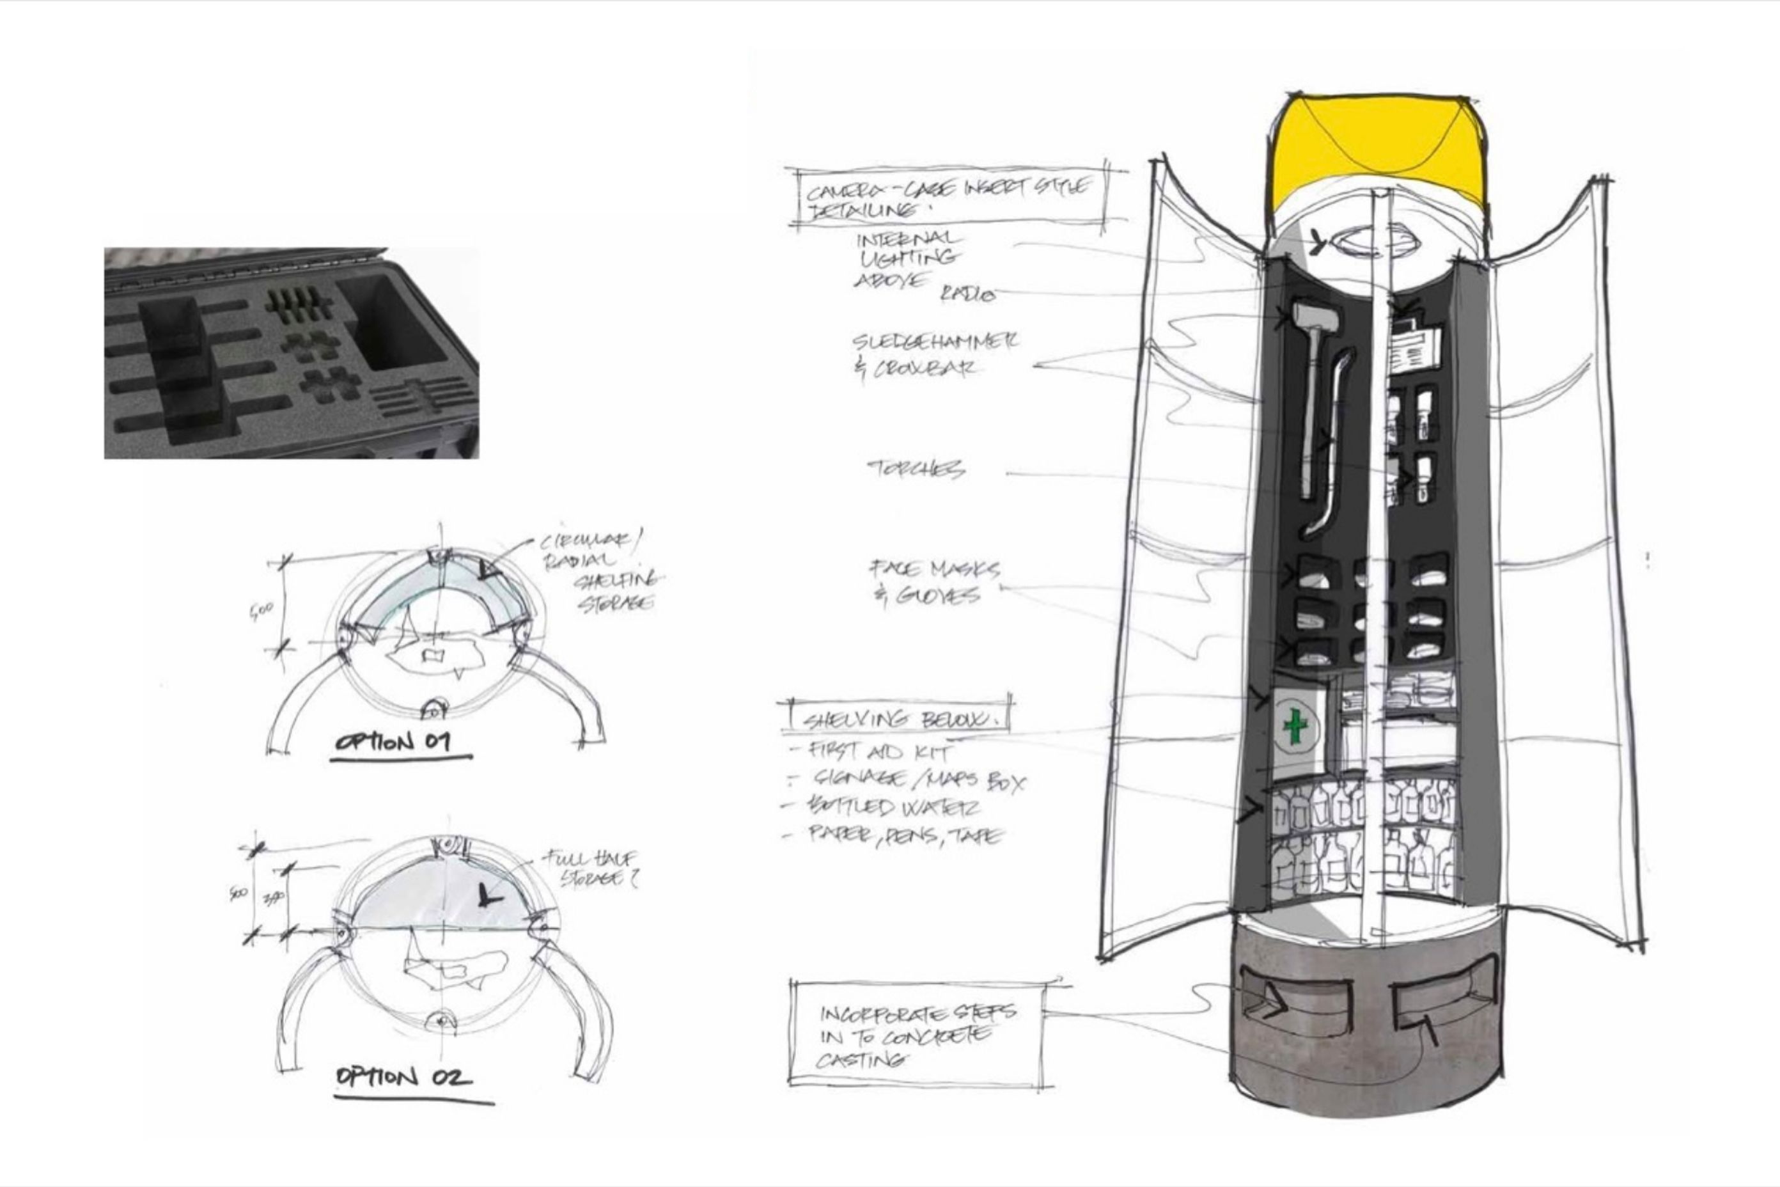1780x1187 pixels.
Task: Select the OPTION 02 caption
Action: (403, 1076)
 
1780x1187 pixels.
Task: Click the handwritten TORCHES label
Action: (916, 469)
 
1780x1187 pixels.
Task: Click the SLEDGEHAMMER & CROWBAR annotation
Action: (934, 354)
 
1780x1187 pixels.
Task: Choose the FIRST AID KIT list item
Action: (878, 751)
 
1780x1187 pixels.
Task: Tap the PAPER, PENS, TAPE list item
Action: (904, 835)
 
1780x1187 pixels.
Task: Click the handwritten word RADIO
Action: (967, 294)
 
